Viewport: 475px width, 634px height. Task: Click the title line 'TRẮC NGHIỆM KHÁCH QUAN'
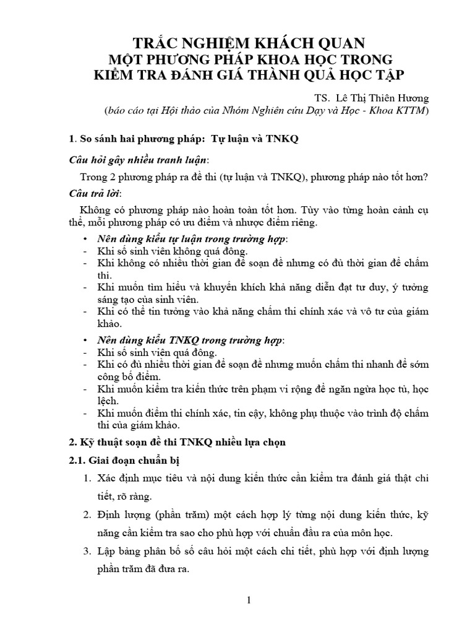coord(237,43)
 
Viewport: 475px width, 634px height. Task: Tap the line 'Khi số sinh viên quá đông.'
coord(158,353)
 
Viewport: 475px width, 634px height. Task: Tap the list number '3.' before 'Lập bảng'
coord(87,550)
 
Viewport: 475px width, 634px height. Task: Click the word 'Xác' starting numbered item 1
coord(108,479)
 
